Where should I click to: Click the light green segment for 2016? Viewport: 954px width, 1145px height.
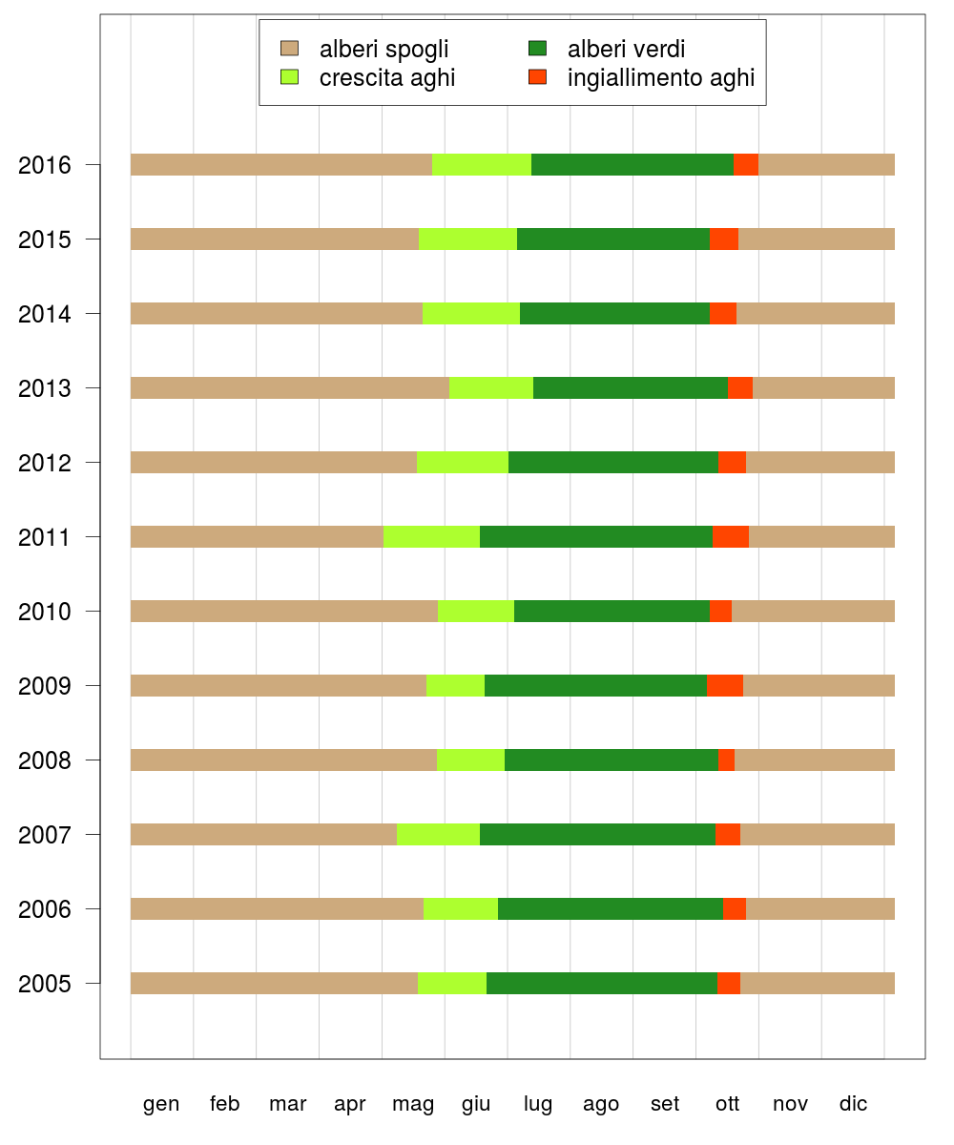[482, 164]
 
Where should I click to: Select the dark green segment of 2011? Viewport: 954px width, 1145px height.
[596, 536]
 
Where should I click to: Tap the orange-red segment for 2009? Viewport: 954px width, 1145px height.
[725, 685]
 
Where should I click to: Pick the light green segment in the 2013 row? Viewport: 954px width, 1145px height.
[491, 387]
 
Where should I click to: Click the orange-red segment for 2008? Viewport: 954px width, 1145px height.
[727, 760]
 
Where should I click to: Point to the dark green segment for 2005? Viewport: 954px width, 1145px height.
[602, 983]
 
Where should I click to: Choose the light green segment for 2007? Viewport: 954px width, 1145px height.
[438, 834]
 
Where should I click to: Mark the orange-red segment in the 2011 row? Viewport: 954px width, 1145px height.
[731, 536]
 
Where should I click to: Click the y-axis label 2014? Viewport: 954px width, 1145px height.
[45, 314]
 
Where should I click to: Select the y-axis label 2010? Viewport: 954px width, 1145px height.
[45, 612]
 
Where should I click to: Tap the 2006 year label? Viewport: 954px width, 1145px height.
[45, 909]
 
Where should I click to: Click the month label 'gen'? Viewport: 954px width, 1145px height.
[161, 1104]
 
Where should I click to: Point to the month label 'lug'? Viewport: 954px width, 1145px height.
[538, 1104]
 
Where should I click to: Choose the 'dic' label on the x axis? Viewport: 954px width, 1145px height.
[854, 1104]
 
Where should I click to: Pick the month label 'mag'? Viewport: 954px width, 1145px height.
[413, 1104]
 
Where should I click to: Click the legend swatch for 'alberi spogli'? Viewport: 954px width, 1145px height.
[289, 49]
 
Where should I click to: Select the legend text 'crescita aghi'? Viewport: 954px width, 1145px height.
[387, 78]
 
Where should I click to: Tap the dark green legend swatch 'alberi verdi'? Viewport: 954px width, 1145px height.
[537, 49]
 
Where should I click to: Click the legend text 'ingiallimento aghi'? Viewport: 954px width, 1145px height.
[661, 78]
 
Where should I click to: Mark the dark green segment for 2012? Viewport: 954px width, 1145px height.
[613, 462]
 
